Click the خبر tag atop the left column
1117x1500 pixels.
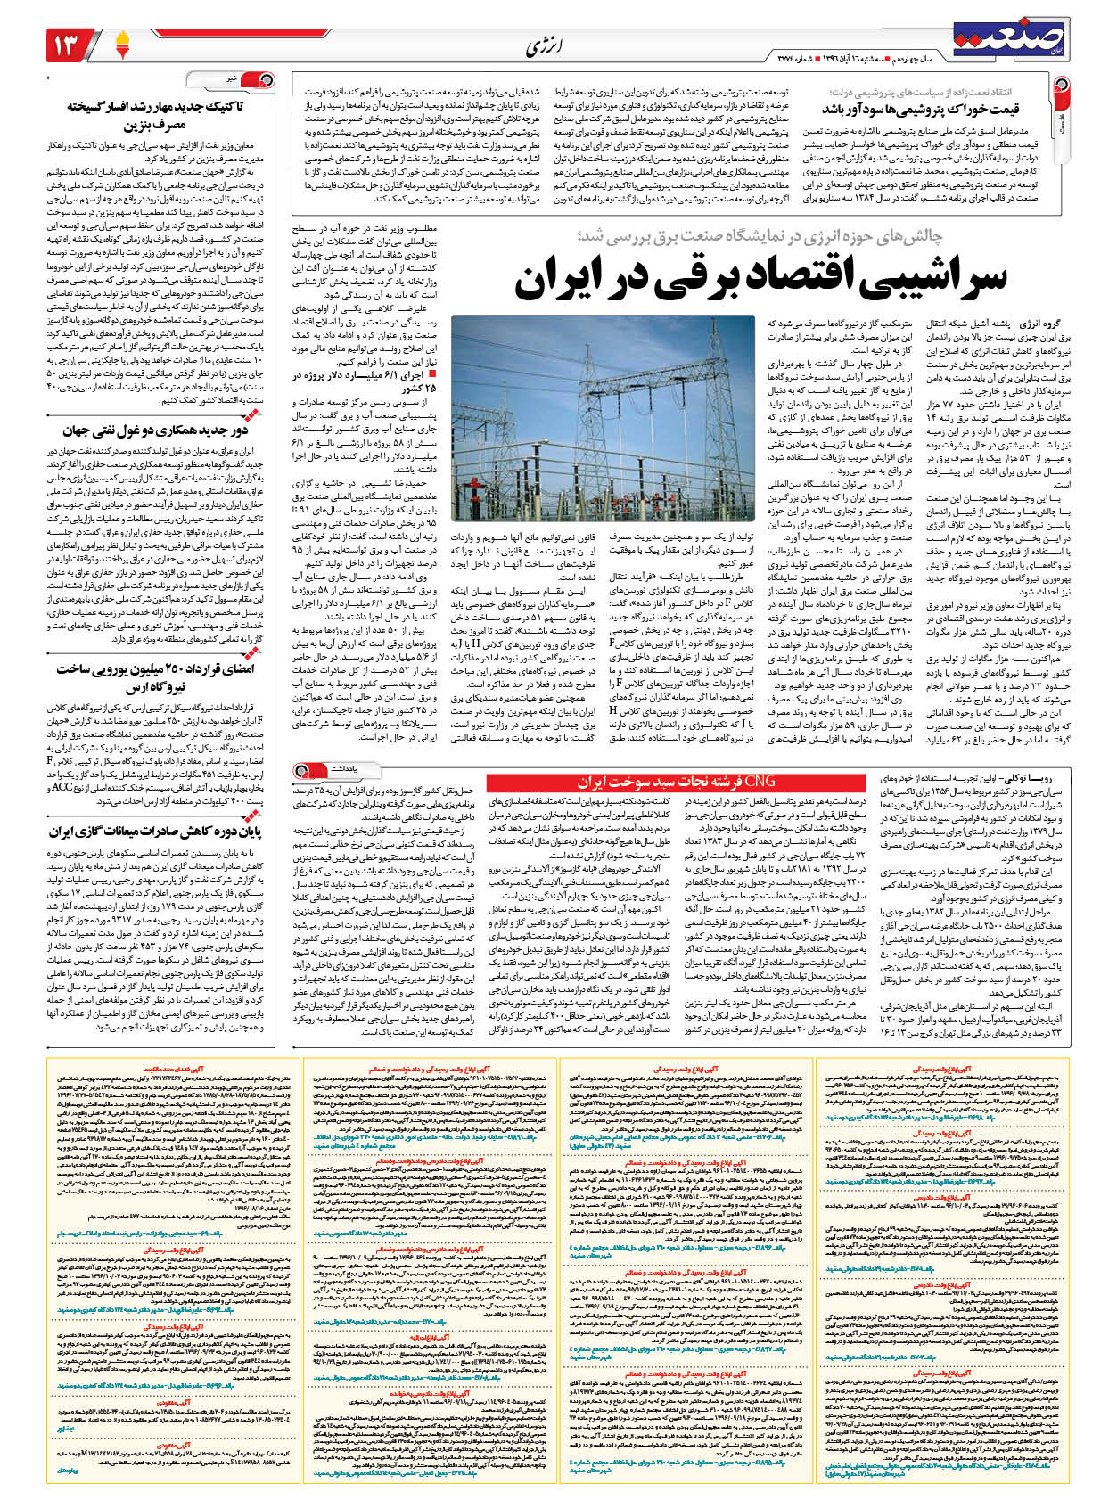[x=234, y=78]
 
